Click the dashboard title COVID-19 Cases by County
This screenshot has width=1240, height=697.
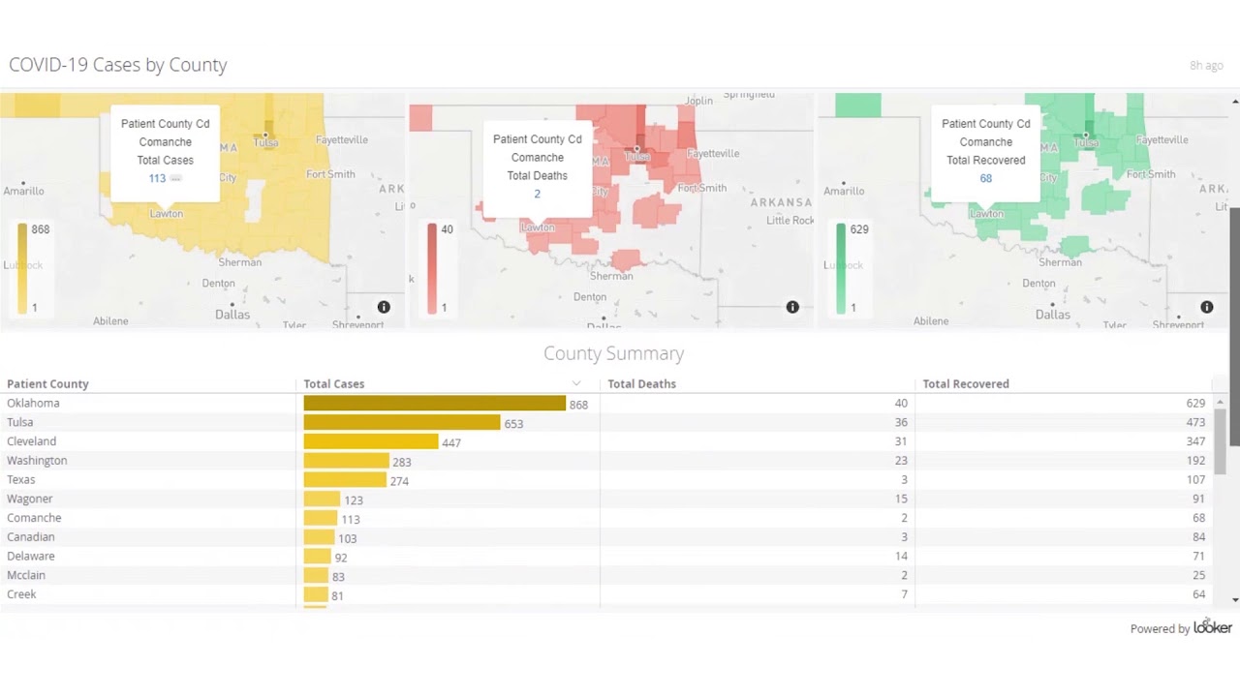click(117, 65)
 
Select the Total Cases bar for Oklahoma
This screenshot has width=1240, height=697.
click(434, 404)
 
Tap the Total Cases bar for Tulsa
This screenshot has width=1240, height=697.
click(401, 423)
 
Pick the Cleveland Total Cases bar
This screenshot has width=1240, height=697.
click(370, 441)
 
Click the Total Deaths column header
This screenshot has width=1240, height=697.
click(641, 384)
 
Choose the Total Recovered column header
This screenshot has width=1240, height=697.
click(965, 384)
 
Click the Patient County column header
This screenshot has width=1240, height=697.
click(47, 384)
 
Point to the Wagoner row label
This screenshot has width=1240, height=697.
click(30, 499)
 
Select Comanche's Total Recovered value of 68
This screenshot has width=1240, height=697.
click(1198, 518)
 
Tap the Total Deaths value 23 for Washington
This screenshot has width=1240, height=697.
click(901, 461)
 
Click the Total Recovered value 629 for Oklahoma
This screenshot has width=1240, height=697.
click(1195, 404)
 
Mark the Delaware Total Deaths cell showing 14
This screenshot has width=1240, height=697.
click(901, 556)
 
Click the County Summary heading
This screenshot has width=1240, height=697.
click(613, 353)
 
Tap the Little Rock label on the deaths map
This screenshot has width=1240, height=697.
click(790, 221)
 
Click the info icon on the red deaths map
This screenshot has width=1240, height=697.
click(792, 307)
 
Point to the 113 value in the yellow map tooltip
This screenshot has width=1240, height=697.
click(157, 178)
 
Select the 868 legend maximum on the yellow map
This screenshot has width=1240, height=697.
click(40, 229)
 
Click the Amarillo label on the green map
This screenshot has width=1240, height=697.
click(844, 192)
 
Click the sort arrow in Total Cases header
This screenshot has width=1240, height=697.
click(576, 384)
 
